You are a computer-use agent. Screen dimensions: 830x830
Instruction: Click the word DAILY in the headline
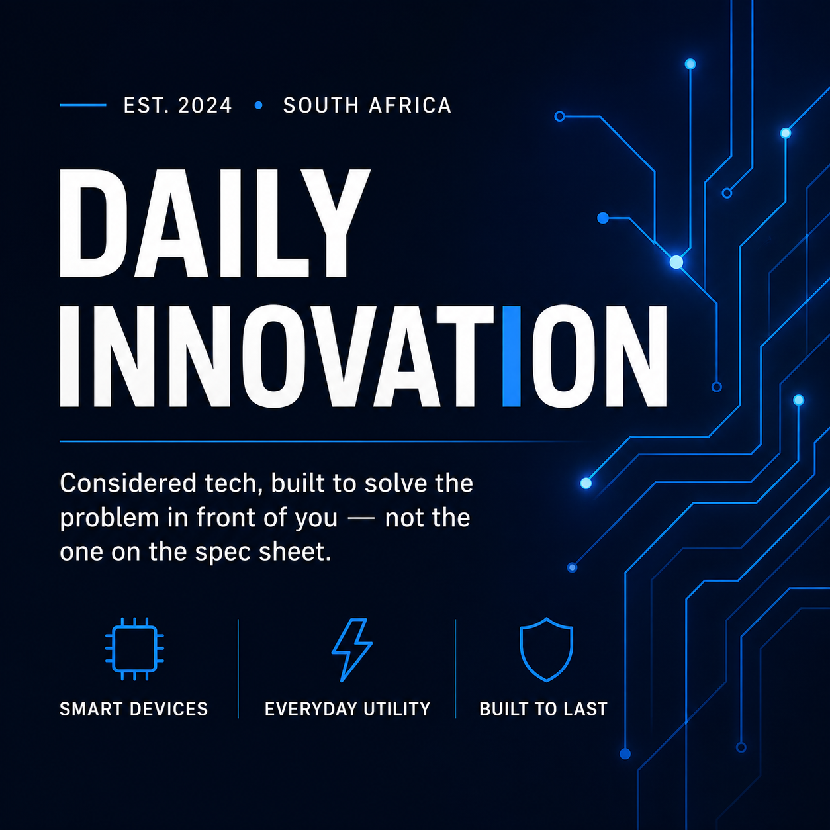[x=214, y=222]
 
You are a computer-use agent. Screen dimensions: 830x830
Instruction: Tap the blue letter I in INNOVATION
[x=512, y=356]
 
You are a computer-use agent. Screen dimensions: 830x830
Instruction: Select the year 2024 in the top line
[x=205, y=105]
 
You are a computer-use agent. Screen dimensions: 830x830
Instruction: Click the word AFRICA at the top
[x=410, y=105]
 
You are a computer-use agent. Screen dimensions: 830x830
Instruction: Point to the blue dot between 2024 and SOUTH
[x=258, y=105]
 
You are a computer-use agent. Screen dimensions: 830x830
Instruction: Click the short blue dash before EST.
[x=83, y=105]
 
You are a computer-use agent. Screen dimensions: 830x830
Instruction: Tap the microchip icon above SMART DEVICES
[x=134, y=649]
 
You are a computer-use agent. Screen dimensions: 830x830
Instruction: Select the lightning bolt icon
[x=352, y=650]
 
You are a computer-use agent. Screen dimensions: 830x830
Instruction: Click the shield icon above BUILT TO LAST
[x=546, y=649]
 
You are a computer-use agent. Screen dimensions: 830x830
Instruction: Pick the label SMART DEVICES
[x=134, y=709]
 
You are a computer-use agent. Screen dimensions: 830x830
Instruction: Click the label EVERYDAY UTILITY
[x=347, y=709]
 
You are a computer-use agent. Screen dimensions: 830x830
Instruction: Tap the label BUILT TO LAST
[x=543, y=709]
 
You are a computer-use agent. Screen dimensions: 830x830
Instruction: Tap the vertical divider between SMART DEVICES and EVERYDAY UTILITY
[x=238, y=669]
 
